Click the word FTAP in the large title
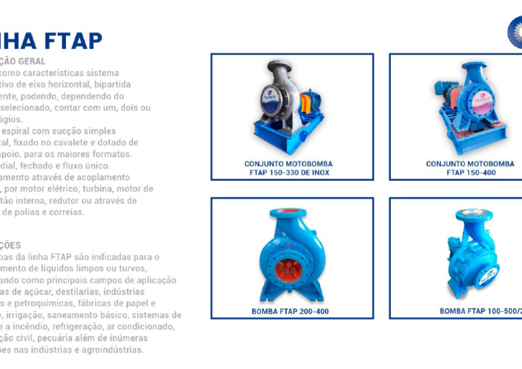click(x=73, y=40)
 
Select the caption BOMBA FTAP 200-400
click(x=290, y=311)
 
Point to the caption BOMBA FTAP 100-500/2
click(x=480, y=311)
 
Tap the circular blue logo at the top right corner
click(x=517, y=32)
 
